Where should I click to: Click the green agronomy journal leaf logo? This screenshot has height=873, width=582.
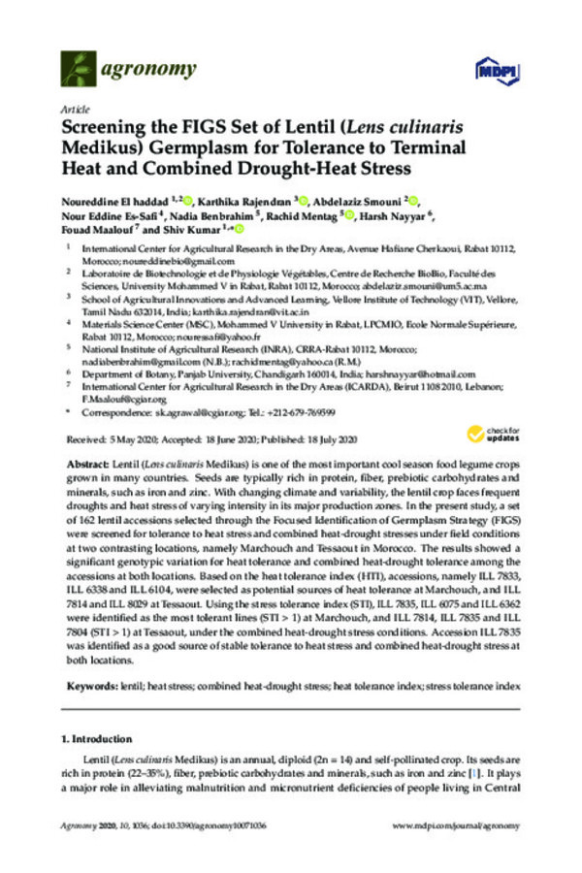[x=78, y=68]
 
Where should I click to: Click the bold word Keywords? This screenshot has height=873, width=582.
[x=92, y=687]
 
